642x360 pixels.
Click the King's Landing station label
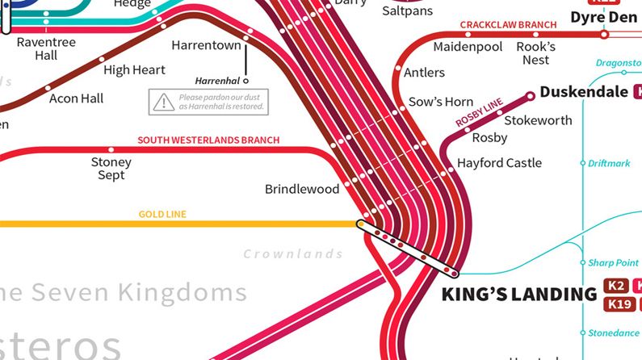tap(518, 294)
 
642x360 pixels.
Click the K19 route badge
tap(618, 304)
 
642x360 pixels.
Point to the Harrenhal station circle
tap(246, 81)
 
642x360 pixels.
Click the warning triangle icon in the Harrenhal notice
tap(164, 101)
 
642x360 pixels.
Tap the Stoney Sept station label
tap(111, 168)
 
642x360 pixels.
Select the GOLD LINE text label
tap(162, 215)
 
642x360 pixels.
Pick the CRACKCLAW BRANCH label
tap(508, 25)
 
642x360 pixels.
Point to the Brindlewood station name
tap(302, 190)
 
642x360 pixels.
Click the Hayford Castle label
tap(499, 163)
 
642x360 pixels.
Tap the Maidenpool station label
tap(468, 47)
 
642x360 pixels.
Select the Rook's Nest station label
tap(535, 53)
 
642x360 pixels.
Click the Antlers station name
tap(424, 73)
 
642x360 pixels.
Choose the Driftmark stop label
tap(609, 163)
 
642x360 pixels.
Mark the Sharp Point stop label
tap(613, 263)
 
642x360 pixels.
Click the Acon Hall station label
tap(77, 98)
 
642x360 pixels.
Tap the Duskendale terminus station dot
tap(531, 96)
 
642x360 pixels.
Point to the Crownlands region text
tap(293, 254)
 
